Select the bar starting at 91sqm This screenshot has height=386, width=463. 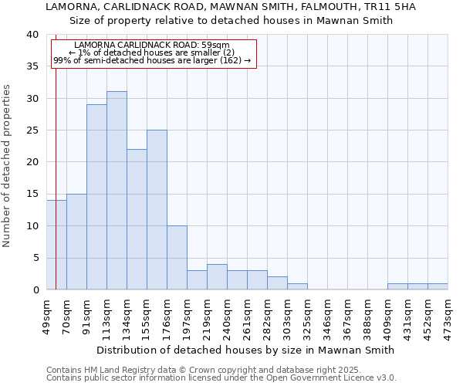coord(96,197)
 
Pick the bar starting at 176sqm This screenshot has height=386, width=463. coord(177,258)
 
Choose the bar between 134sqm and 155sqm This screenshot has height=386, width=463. coord(137,219)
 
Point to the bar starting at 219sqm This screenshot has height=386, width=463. coord(217,277)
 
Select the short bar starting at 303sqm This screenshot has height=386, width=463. coord(297,286)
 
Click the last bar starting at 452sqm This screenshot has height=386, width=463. coord(438,286)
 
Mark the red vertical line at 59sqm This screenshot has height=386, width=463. coord(56,154)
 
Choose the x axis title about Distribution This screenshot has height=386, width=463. coord(246,350)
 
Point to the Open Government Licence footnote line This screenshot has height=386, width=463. coord(221,378)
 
